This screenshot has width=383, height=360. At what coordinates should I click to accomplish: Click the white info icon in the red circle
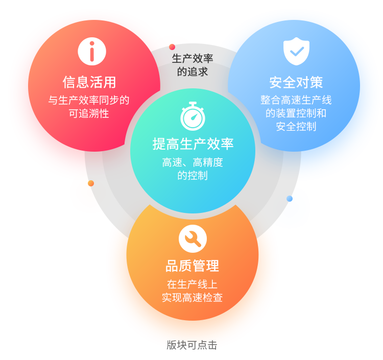[92, 51]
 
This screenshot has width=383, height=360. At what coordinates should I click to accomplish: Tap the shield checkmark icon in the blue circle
[296, 52]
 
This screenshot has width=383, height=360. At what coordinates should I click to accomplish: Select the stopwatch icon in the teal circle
[193, 116]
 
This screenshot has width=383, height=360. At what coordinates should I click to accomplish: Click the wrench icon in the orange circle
[193, 238]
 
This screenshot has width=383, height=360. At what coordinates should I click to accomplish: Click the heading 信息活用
[89, 82]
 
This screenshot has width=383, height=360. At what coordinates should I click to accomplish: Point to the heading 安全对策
[296, 83]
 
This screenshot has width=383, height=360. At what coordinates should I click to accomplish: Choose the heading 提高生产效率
[193, 144]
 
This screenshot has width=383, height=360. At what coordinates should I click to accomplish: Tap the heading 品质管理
[193, 266]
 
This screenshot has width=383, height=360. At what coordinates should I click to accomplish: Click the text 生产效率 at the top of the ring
[193, 59]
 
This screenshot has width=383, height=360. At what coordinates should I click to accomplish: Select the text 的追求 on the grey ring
[193, 72]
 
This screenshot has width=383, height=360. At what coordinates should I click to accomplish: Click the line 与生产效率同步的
[89, 100]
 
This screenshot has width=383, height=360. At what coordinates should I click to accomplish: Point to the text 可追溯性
[89, 113]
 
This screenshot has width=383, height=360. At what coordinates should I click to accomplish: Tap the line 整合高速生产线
[296, 100]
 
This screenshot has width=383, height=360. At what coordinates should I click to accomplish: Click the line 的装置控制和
[296, 113]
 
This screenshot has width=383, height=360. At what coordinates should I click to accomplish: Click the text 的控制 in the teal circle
[193, 176]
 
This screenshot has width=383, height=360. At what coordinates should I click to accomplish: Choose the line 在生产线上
[193, 284]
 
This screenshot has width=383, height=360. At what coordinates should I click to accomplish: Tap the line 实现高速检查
[193, 298]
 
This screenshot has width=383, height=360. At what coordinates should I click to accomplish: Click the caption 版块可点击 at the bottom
[192, 345]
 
